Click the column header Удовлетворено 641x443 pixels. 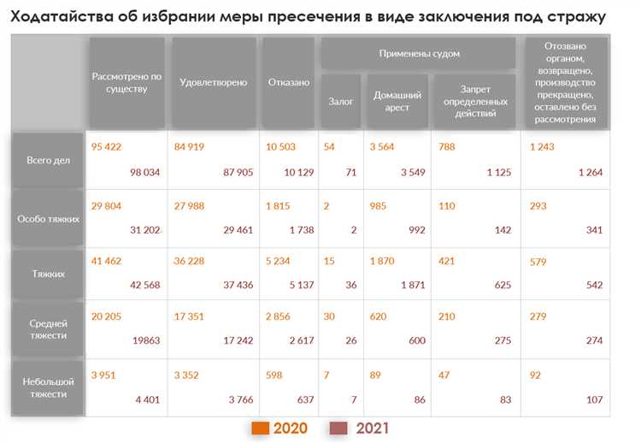(x=213, y=83)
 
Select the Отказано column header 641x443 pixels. (x=289, y=83)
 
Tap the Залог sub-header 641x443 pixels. (x=341, y=101)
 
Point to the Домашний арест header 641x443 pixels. (x=397, y=101)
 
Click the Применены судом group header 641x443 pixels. (x=419, y=53)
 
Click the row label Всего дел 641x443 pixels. (x=48, y=160)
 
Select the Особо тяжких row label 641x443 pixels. (x=48, y=218)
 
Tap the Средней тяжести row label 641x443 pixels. (x=48, y=329)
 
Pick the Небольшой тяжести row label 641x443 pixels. (x=48, y=387)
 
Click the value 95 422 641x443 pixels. (x=106, y=146)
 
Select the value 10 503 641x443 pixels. (x=280, y=146)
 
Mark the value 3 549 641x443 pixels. (x=408, y=173)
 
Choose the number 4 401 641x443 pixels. (x=147, y=399)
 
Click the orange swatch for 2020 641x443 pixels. (x=260, y=428)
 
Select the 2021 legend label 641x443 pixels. (x=372, y=428)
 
